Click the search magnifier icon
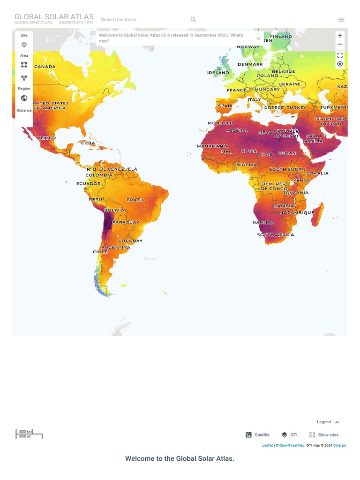click(193, 19)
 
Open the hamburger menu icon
click(341, 19)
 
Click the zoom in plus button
click(340, 36)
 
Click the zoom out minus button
click(340, 45)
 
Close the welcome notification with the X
click(258, 38)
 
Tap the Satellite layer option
click(258, 435)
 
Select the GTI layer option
click(289, 435)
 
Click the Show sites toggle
click(323, 435)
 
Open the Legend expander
click(328, 422)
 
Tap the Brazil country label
click(135, 200)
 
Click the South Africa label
click(276, 235)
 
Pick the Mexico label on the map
click(46, 138)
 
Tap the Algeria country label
click(237, 131)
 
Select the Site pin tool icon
click(24, 45)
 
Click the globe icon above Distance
click(24, 98)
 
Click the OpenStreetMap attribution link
click(291, 445)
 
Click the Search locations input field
click(141, 19)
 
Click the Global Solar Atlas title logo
click(53, 17)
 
